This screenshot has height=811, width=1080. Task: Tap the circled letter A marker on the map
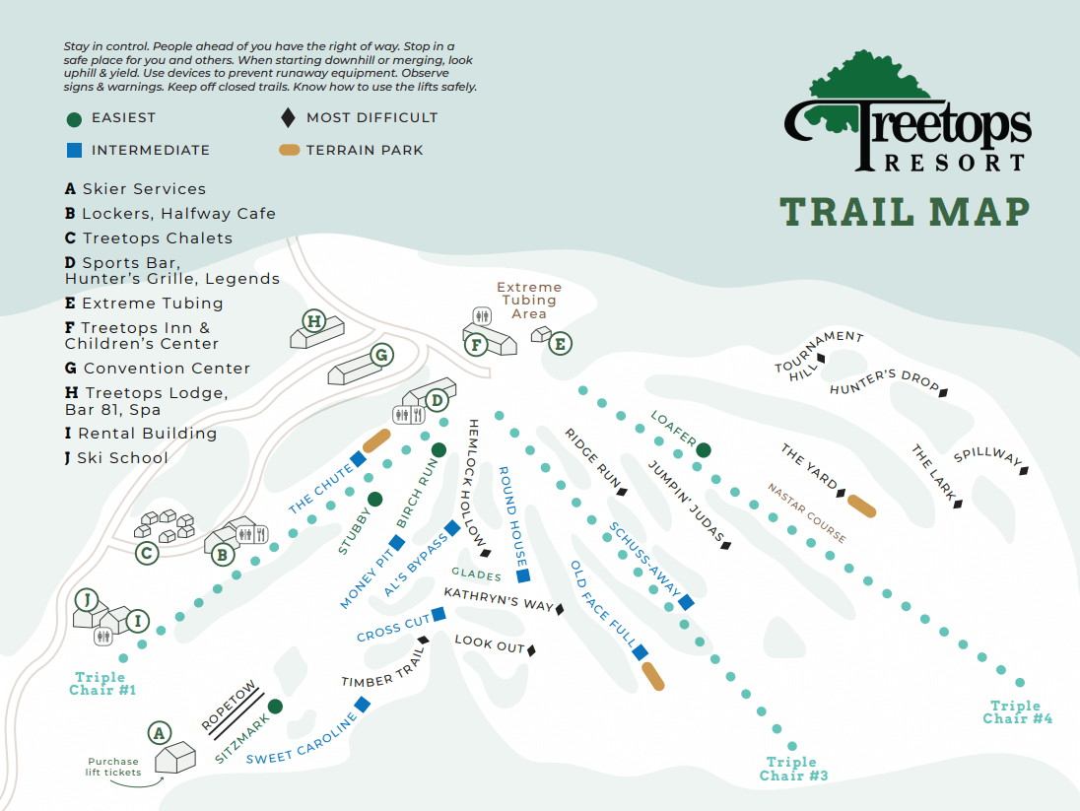pyautogui.click(x=158, y=733)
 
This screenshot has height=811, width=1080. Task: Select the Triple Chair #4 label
pyautogui.click(x=1016, y=711)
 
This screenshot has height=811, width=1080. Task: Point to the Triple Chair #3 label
pyautogui.click(x=792, y=769)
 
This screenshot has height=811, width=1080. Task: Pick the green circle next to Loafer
pyautogui.click(x=704, y=450)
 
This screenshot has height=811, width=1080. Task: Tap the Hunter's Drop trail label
pyautogui.click(x=884, y=382)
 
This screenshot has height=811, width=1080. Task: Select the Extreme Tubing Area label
pyautogui.click(x=528, y=301)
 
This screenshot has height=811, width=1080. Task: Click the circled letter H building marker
pyautogui.click(x=313, y=320)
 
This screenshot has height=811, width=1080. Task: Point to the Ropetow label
pyautogui.click(x=229, y=706)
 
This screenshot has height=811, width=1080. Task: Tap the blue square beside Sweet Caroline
pyautogui.click(x=363, y=704)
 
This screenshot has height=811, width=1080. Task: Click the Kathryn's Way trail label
pyautogui.click(x=499, y=599)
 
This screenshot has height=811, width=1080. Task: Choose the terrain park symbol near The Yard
pyautogui.click(x=862, y=506)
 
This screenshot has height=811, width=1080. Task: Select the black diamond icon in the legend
pyautogui.click(x=288, y=118)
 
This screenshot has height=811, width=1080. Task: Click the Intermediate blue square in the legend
pyautogui.click(x=74, y=151)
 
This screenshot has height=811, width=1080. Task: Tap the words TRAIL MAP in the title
pyautogui.click(x=905, y=212)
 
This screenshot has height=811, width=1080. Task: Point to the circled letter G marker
pyautogui.click(x=381, y=356)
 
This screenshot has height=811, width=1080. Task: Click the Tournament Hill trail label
pyautogui.click(x=818, y=354)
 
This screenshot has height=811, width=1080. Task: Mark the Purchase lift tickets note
pyautogui.click(x=112, y=767)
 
